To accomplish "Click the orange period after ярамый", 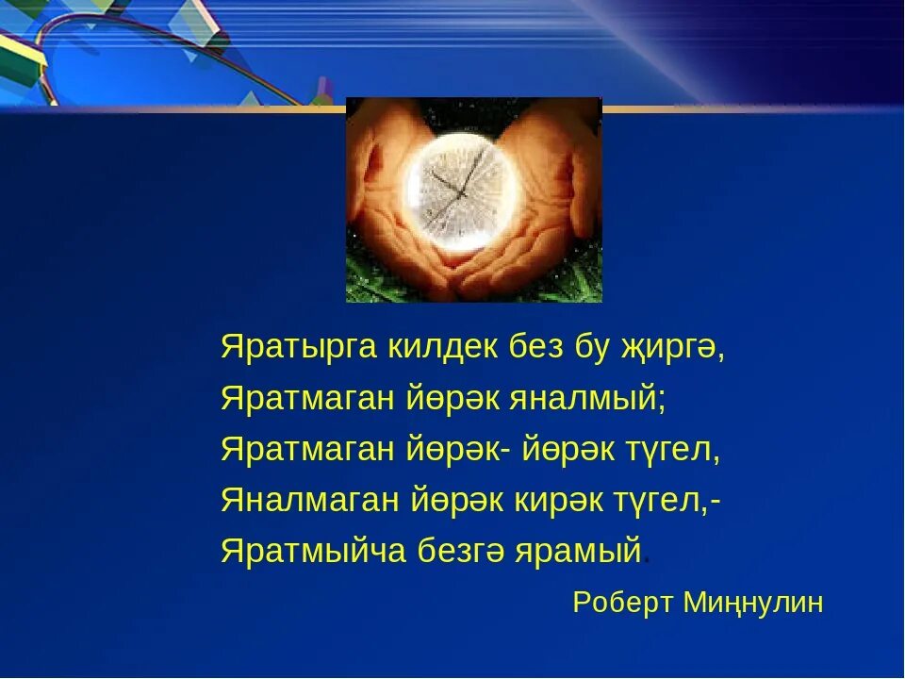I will point(647,561).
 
